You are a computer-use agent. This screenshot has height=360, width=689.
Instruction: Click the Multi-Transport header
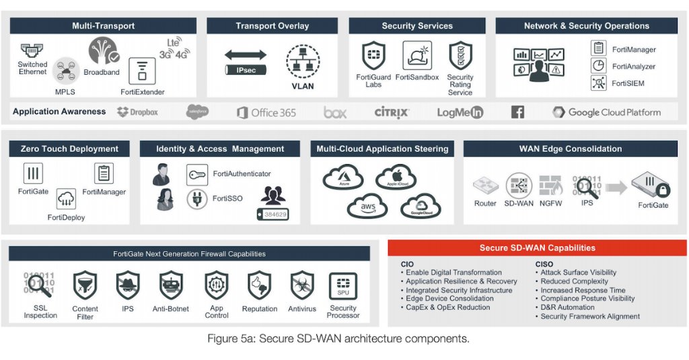[x=103, y=26]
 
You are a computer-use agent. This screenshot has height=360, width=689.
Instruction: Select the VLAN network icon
[x=302, y=62]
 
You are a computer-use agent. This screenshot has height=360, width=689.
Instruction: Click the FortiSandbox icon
[x=417, y=56]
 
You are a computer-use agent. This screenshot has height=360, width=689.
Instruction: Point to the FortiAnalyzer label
[x=633, y=67]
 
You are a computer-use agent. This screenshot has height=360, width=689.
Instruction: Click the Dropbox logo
[x=137, y=112]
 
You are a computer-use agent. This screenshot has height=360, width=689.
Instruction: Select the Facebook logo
[x=517, y=112]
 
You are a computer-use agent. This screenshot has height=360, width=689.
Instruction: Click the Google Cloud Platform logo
[x=606, y=112]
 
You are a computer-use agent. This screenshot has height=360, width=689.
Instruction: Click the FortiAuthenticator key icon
[x=197, y=174]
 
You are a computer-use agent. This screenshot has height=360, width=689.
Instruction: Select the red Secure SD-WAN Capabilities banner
[x=537, y=248]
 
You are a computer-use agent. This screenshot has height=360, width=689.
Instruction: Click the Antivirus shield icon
[x=302, y=285]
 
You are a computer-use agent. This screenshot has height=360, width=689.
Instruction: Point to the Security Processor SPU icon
[x=342, y=286]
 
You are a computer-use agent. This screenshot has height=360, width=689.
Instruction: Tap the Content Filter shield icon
[x=85, y=285]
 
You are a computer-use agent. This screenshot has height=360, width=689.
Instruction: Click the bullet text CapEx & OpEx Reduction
[x=447, y=308]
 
